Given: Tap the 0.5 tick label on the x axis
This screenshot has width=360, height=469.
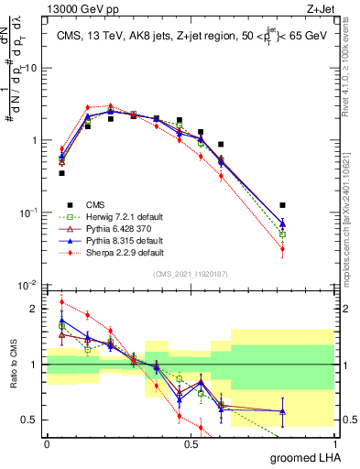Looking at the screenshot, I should tap(191, 442).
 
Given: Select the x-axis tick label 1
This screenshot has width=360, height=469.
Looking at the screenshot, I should tap(334, 442).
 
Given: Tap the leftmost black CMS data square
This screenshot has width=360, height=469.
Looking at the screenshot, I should tap(61, 172).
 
